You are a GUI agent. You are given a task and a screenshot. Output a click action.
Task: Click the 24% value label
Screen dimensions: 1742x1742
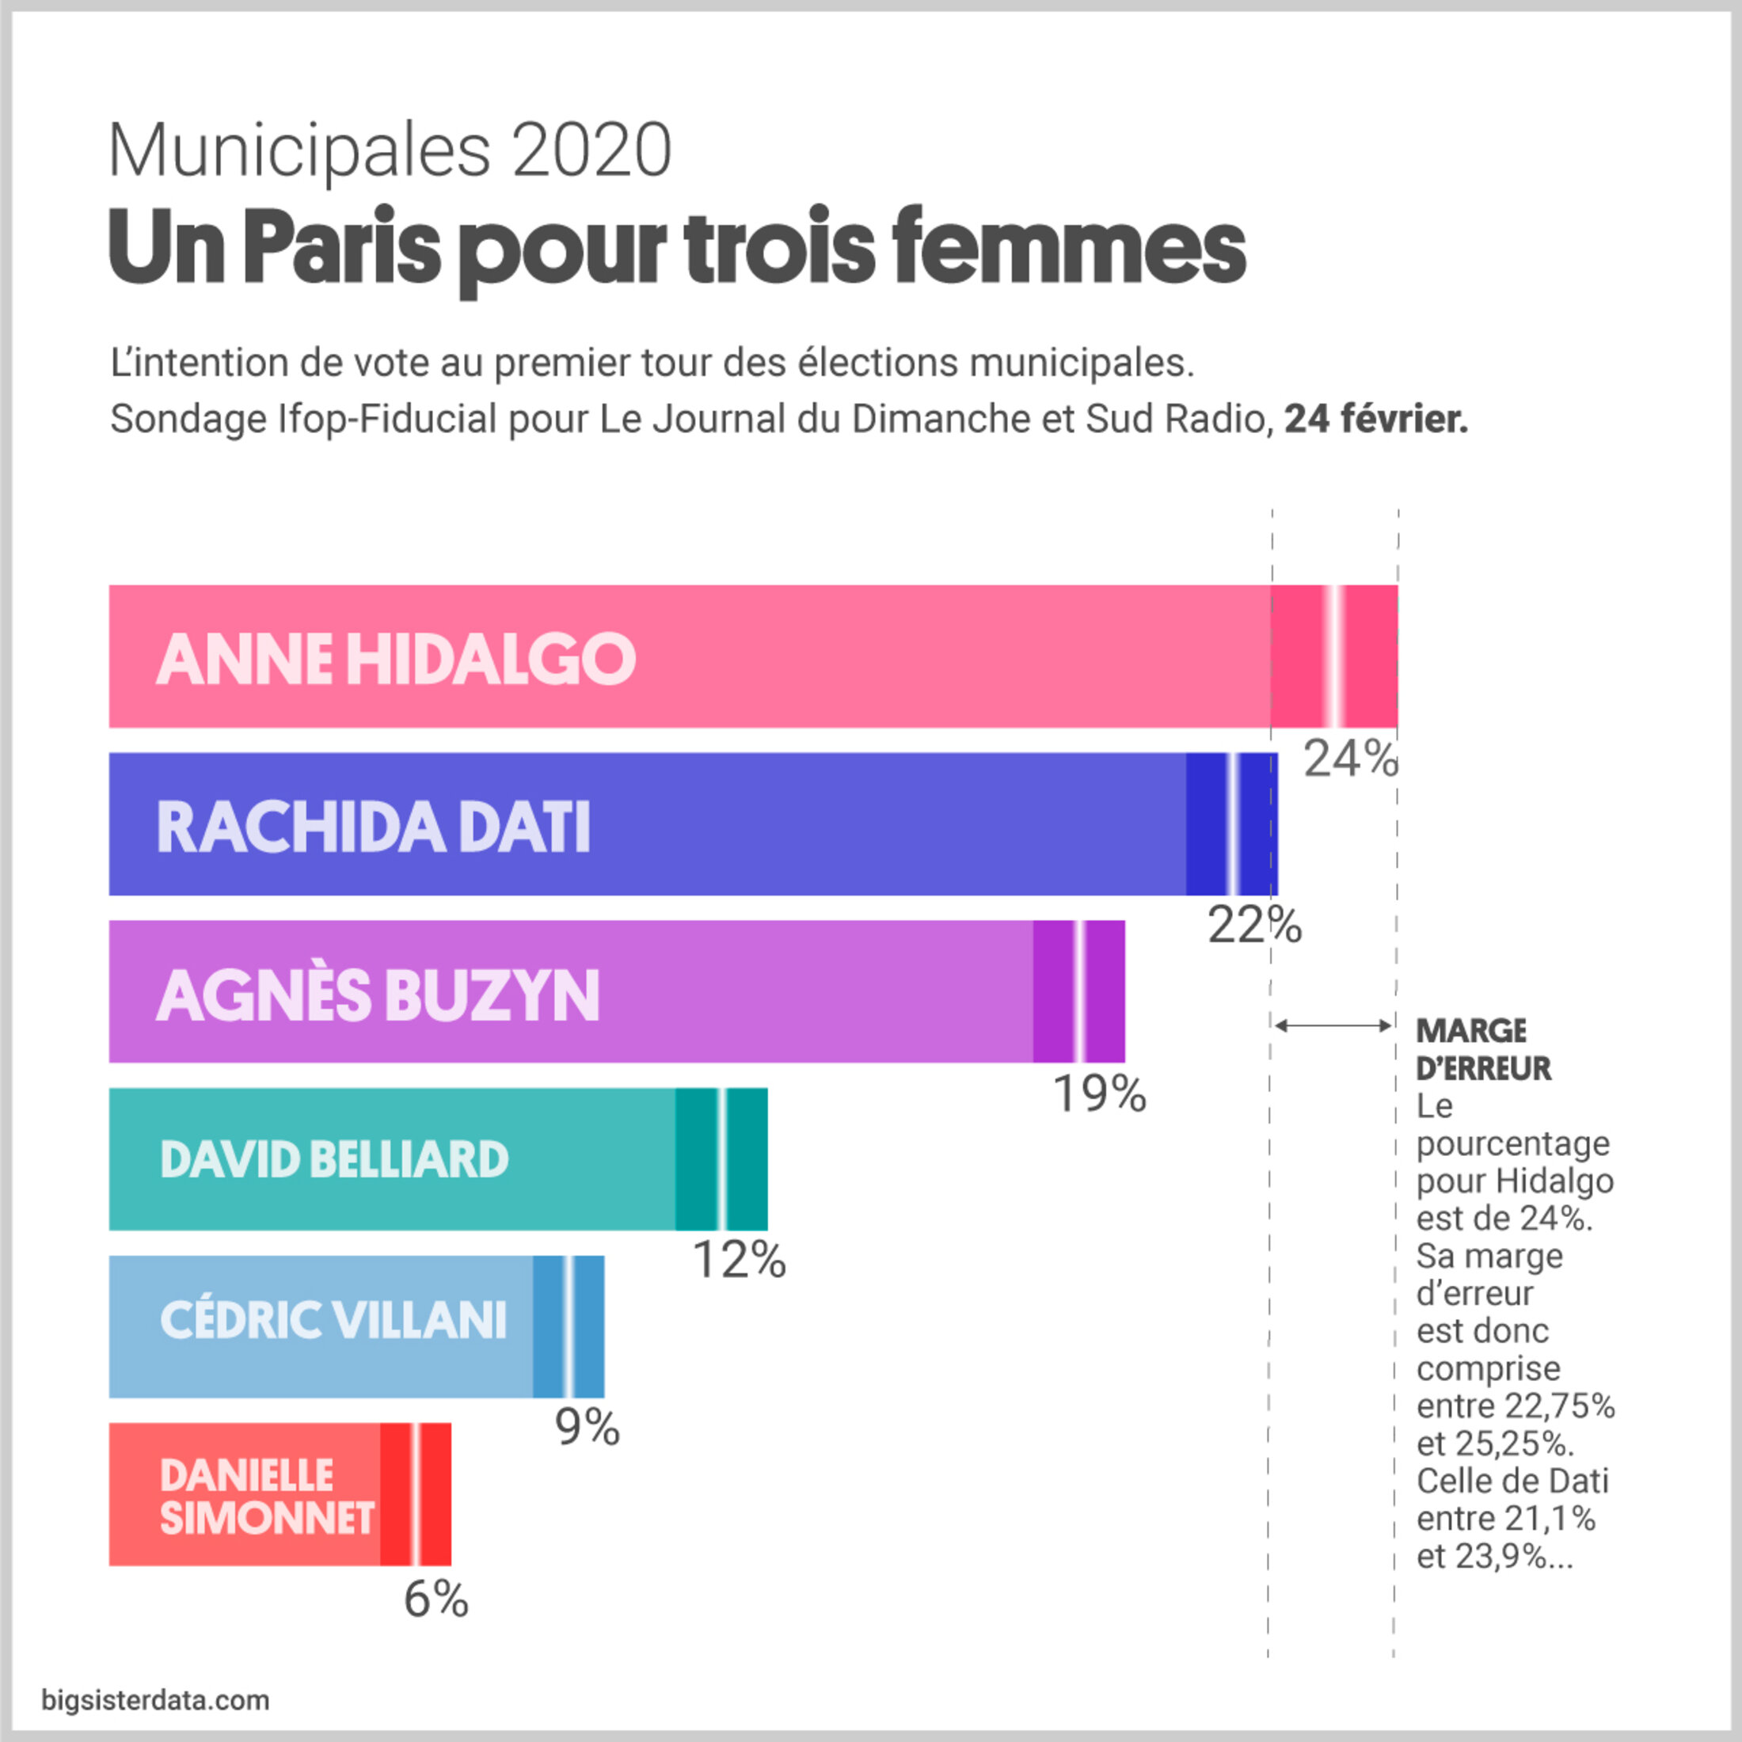tap(1350, 759)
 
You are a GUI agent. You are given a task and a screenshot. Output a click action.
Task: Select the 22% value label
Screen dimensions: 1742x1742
tap(1254, 925)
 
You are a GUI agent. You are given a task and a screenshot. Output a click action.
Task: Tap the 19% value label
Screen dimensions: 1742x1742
tap(1099, 1094)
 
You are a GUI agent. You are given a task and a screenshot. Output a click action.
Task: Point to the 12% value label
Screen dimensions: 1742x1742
tap(739, 1261)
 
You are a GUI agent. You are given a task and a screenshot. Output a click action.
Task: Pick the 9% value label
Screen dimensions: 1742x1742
tap(587, 1428)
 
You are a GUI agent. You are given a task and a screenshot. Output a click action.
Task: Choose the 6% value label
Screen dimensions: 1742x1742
tap(435, 1599)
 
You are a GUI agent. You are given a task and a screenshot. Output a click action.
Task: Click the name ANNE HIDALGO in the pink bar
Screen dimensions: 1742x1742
tap(396, 658)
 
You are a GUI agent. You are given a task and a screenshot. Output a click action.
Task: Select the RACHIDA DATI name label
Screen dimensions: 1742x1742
tap(373, 826)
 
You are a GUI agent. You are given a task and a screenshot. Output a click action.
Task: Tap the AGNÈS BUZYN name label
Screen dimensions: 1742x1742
tap(378, 995)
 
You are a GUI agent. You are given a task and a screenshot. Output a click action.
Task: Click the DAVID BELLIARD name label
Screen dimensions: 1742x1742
tap(333, 1159)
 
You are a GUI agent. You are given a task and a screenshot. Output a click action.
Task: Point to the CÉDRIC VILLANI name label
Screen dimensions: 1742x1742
tap(333, 1320)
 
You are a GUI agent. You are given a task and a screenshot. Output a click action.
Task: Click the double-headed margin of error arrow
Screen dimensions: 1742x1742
tap(1333, 1025)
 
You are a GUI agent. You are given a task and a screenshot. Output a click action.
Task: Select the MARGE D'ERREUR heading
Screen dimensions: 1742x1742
tap(1483, 1049)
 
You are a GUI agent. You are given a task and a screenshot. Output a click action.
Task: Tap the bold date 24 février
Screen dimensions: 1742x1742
tap(1376, 420)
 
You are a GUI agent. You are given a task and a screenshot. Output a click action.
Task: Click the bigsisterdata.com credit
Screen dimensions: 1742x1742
tap(155, 1701)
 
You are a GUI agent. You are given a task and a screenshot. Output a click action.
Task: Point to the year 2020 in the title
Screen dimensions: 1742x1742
tap(591, 150)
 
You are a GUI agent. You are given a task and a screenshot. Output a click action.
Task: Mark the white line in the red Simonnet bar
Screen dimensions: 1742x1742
tap(415, 1494)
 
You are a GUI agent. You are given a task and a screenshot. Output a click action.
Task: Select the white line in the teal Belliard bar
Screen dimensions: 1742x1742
tap(721, 1158)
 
